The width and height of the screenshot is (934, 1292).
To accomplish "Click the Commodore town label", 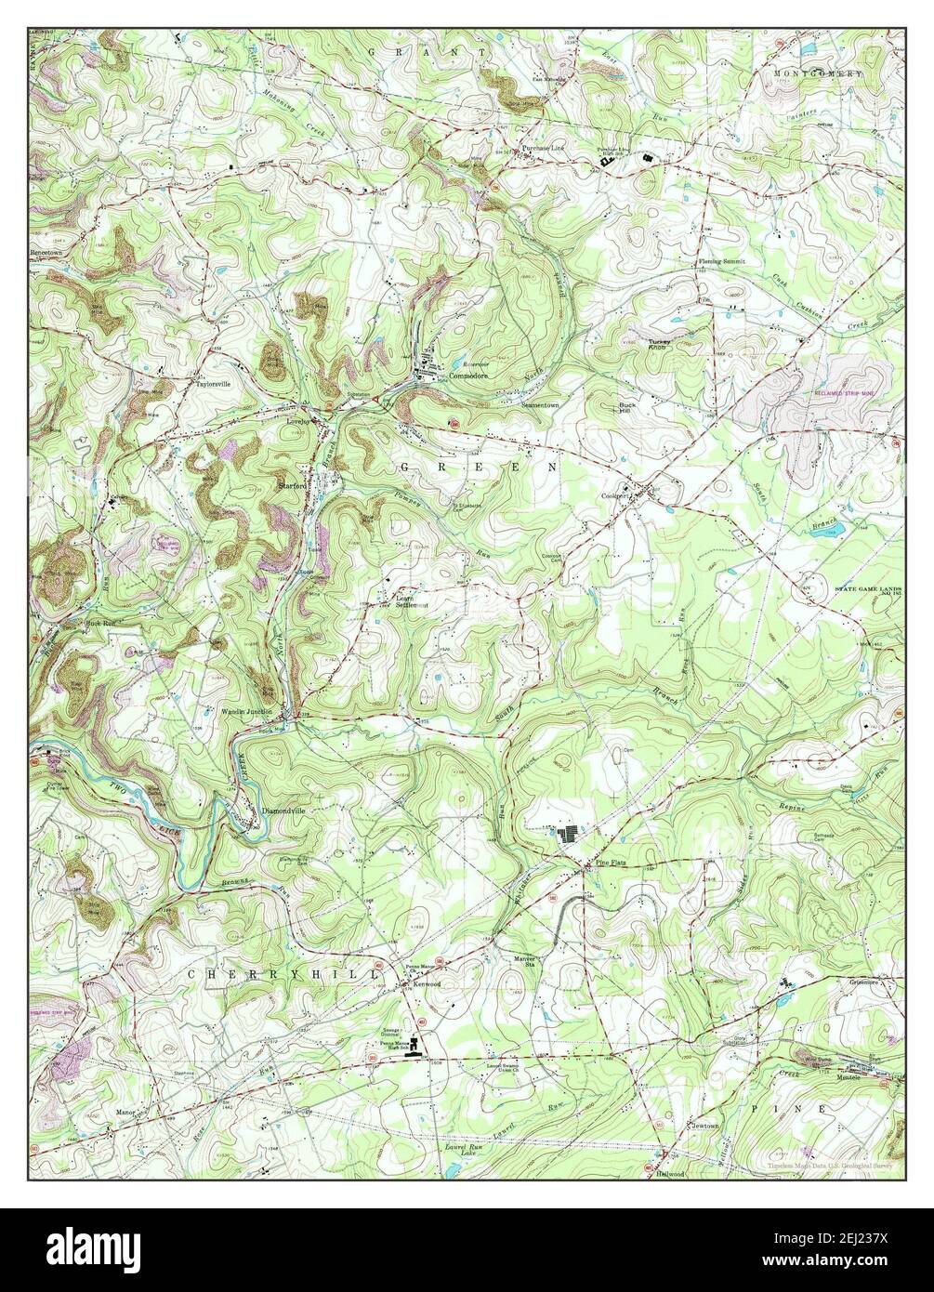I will [468, 376].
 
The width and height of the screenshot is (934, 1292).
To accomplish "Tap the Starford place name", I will [294, 483].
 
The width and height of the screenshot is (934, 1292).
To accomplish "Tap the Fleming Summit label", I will [722, 262].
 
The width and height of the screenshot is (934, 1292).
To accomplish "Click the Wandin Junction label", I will [246, 711].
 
